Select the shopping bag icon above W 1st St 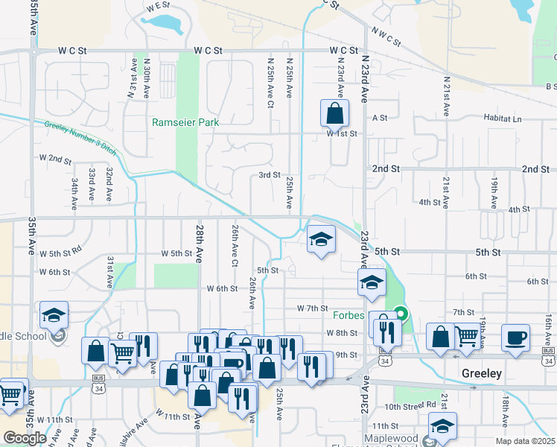(x=334, y=114)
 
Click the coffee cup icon (x=515, y=337)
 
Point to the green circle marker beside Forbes (x=401, y=314)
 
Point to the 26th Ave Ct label (x=234, y=248)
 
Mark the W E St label (x=159, y=6)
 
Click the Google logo (x=25, y=438)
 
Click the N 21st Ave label (x=445, y=95)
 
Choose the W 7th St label (x=312, y=308)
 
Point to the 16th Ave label (x=547, y=327)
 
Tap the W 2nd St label (x=55, y=159)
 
